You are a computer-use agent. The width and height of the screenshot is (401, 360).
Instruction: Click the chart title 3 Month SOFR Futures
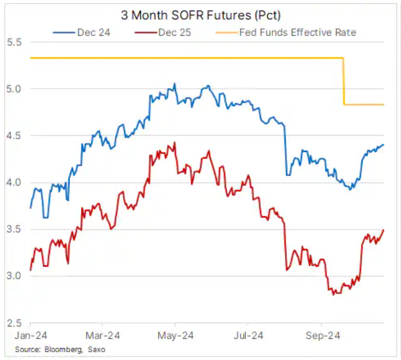coord(201,15)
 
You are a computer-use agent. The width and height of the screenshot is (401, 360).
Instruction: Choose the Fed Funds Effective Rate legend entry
coord(297,32)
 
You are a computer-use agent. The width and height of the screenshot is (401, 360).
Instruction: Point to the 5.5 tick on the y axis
coord(14,42)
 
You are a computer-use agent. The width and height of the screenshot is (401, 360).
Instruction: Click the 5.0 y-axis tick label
coord(14,89)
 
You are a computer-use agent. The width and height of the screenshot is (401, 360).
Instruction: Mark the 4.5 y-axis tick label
coord(14,136)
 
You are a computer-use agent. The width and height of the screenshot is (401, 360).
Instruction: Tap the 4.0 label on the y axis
coord(14,182)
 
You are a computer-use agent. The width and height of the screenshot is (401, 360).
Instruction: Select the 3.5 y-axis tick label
coord(14,229)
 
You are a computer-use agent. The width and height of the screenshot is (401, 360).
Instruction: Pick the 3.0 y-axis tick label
coord(14,276)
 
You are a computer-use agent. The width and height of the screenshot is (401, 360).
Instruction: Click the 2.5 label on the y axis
coord(14,323)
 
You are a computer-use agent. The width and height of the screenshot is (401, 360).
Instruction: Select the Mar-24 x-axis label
coord(102,336)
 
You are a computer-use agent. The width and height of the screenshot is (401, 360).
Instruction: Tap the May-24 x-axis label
coord(175,336)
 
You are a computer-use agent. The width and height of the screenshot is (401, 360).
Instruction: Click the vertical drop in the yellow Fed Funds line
coord(343,82)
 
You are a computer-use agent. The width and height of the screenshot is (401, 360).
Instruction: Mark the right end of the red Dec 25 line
coord(384,230)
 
